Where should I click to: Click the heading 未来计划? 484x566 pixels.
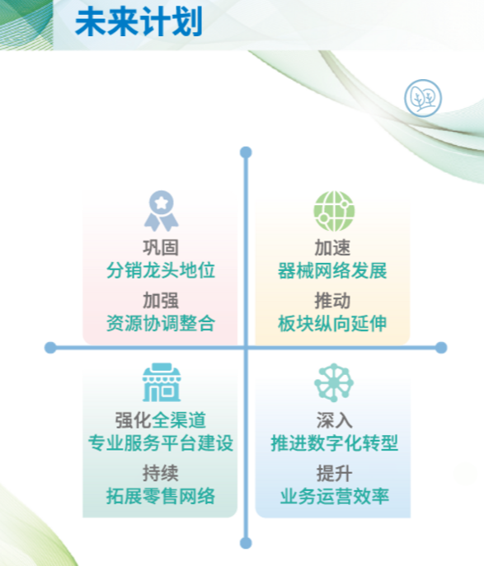139,22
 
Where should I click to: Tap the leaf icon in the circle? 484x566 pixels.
423,98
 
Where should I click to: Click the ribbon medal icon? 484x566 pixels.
161,211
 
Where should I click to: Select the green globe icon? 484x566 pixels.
334,211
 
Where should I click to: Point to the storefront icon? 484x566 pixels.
161,382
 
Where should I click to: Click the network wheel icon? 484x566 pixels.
334,382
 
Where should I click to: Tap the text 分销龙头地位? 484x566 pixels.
161,270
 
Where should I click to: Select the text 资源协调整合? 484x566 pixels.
161,323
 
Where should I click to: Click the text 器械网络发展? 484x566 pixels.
332,270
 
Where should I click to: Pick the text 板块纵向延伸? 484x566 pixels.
332,323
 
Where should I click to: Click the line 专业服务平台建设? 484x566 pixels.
161,443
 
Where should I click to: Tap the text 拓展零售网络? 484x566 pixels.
161,496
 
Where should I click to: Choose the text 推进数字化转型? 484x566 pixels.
334,443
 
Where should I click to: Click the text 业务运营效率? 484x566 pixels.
334,496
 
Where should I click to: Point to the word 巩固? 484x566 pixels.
161,248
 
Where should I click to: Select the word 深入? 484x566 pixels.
334,420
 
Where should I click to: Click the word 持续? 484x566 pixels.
161,473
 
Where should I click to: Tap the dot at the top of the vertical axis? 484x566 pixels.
246,152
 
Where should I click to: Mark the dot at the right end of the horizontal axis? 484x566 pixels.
441,348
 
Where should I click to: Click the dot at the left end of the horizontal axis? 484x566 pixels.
50,348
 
